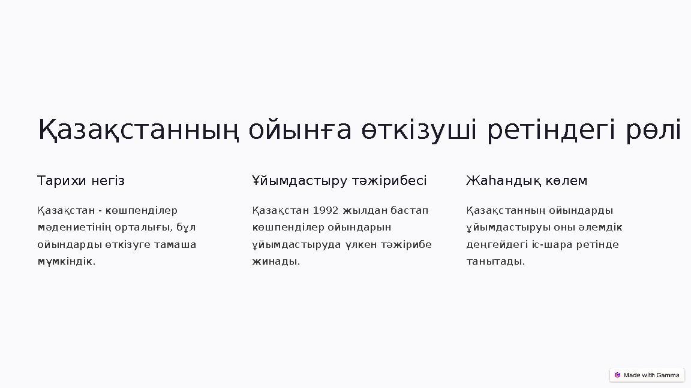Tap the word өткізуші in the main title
point(419,130)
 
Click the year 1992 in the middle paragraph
point(326,211)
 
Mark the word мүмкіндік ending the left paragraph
point(65,262)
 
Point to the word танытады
point(495,262)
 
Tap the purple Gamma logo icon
point(617,375)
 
